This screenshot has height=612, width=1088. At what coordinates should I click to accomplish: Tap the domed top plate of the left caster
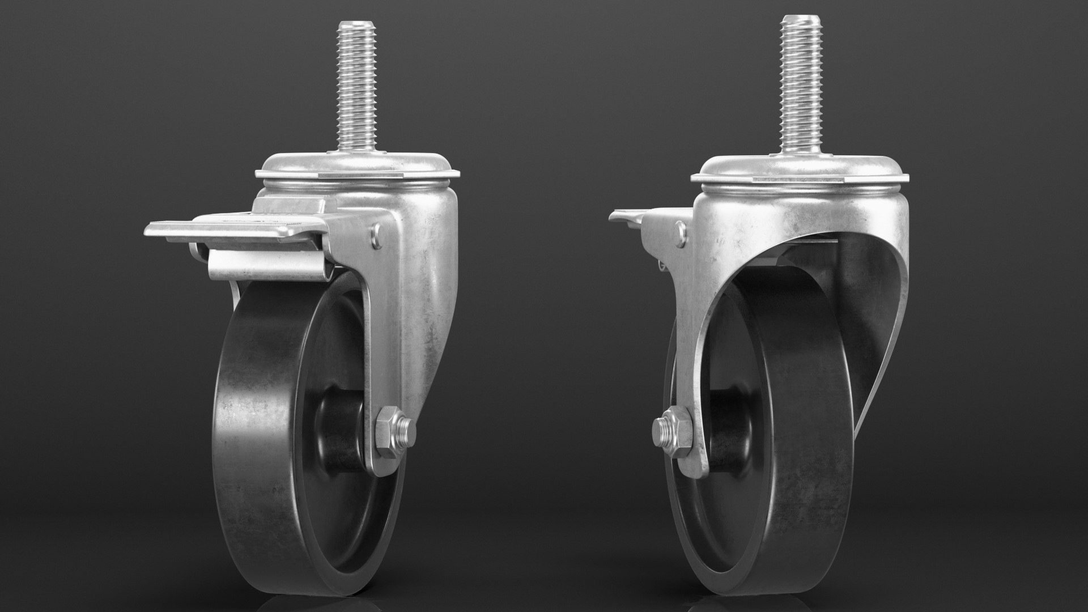point(357,165)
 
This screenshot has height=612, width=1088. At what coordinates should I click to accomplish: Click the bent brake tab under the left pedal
point(266,263)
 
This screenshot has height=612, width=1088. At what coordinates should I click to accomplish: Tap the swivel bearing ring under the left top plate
point(357,186)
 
